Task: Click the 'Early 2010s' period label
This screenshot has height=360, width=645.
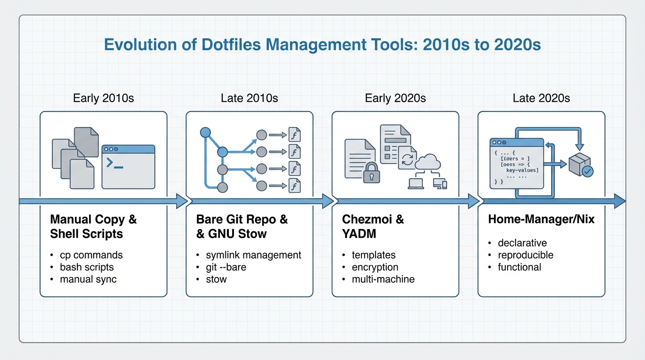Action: [104, 98]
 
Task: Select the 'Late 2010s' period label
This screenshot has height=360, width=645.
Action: [249, 98]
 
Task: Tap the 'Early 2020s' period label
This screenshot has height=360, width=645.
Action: [395, 98]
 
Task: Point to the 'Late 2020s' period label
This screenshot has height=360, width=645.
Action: [541, 98]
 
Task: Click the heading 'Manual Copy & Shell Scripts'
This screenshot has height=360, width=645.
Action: [93, 226]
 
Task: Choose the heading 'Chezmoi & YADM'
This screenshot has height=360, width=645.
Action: [373, 226]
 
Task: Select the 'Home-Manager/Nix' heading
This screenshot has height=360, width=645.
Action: [541, 219]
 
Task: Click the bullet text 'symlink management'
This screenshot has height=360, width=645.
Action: [254, 255]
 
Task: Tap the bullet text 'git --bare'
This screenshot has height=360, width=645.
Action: [226, 267]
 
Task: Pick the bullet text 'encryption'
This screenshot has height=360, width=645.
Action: [375, 267]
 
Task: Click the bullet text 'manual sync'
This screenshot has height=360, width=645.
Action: [88, 279]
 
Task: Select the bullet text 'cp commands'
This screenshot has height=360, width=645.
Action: [91, 255]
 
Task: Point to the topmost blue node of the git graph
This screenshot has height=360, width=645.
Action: [205, 133]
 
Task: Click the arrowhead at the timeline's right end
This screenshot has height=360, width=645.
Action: [620, 201]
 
